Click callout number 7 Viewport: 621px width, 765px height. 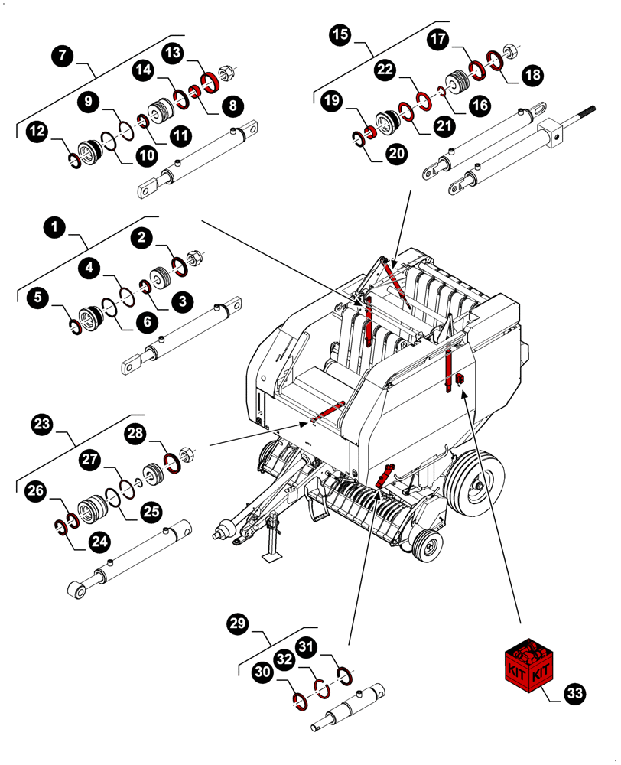63,56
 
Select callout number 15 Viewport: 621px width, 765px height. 341,34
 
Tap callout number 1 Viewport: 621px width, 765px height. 54,227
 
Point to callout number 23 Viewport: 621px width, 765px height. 42,424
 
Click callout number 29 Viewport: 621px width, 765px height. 240,624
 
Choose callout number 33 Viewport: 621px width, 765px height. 575,693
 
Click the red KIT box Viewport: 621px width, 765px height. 528,661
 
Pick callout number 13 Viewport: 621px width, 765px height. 174,53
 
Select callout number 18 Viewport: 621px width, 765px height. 533,75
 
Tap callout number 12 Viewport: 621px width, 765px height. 37,132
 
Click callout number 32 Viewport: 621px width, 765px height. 284,658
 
